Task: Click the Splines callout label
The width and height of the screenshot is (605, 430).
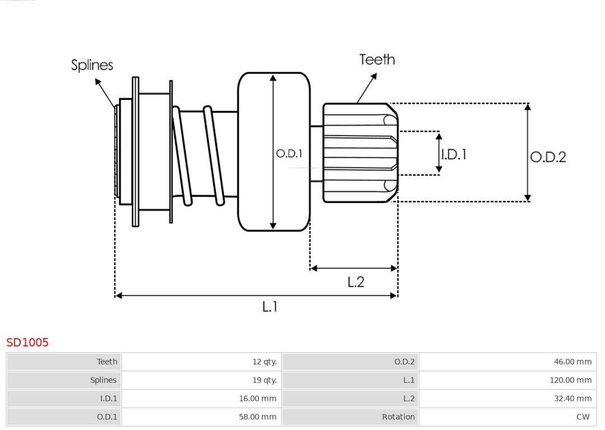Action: tap(92, 65)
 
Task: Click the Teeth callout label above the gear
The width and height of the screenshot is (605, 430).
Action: tap(377, 59)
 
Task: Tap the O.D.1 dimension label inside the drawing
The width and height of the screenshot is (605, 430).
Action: tap(289, 154)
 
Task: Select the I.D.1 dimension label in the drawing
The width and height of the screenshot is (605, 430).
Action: tap(453, 154)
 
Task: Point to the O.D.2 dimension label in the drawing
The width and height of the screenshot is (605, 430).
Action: tap(548, 157)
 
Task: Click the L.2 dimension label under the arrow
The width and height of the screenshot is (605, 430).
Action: tap(356, 281)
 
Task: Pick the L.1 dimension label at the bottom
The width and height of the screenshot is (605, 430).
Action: tap(270, 307)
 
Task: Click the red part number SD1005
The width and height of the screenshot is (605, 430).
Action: tap(27, 343)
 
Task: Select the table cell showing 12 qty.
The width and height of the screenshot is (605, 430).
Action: tap(264, 362)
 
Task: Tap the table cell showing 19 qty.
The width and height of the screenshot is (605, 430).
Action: tap(264, 380)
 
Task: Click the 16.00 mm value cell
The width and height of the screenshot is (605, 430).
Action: tap(258, 399)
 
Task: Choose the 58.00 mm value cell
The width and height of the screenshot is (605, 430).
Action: tap(258, 417)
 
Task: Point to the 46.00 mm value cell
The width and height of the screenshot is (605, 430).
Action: tap(573, 362)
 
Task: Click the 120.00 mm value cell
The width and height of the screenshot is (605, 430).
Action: tap(570, 380)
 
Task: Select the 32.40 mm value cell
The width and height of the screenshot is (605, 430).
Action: tap(573, 399)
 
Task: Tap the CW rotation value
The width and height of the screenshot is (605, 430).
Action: tap(583, 417)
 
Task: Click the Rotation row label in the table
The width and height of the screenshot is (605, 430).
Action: tap(398, 417)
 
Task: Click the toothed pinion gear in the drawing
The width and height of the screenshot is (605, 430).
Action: tap(359, 152)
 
